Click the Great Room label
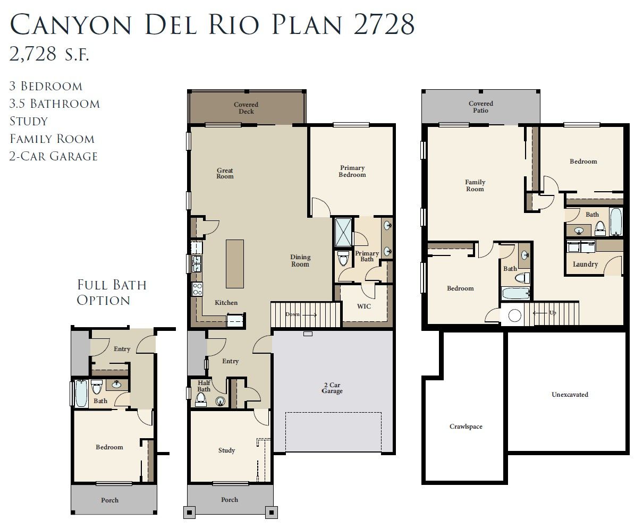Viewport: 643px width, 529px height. click(225, 173)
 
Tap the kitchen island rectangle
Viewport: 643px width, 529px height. click(235, 263)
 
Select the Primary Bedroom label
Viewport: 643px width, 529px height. click(352, 171)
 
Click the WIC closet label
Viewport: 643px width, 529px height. click(364, 306)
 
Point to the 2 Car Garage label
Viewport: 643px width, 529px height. click(332, 388)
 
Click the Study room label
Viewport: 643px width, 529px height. click(226, 450)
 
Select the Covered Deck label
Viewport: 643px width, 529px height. click(246, 108)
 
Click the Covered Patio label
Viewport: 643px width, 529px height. click(481, 107)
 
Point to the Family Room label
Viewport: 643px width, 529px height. click(475, 185)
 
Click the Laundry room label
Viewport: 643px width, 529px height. click(585, 264)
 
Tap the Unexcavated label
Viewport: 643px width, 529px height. click(570, 394)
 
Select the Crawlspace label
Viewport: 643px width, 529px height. click(466, 426)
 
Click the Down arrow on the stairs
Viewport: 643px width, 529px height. click(309, 315)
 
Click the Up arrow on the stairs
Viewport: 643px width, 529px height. click(540, 313)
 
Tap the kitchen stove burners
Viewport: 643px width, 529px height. click(197, 289)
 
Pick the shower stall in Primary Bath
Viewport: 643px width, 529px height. click(344, 233)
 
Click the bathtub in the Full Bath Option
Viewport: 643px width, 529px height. click(81, 394)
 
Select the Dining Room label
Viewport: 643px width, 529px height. click(300, 261)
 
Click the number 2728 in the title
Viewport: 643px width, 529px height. click(384, 24)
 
